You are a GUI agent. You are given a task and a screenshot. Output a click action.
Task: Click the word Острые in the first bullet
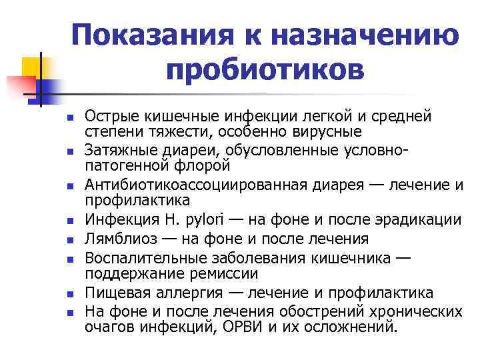113,117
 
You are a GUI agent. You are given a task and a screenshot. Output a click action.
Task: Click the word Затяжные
121,149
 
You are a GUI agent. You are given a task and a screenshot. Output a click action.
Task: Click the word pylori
203,220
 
